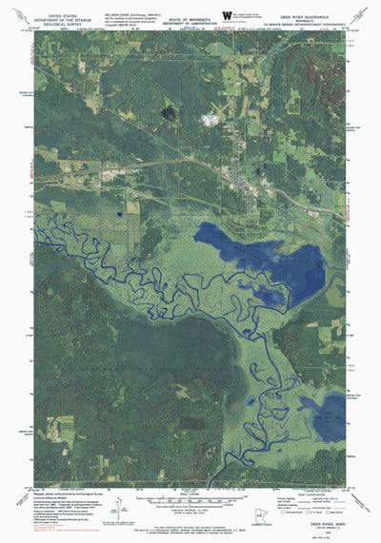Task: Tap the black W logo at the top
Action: point(226,13)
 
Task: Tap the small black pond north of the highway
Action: point(170,112)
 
